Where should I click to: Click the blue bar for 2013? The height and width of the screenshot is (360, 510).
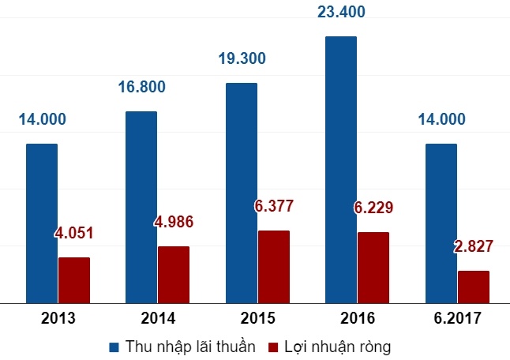pos(42,223)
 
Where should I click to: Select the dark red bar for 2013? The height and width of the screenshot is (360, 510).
pos(74,279)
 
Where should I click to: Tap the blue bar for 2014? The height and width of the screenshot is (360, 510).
pos(141,207)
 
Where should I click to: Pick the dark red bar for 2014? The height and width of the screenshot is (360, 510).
pos(174,274)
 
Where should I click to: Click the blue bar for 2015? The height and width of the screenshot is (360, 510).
pos(241,193)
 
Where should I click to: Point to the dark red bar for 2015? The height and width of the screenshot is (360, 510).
pos(273,266)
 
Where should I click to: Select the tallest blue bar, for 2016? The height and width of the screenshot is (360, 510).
pos(340,169)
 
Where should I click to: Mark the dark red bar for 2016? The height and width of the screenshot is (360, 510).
pos(373,267)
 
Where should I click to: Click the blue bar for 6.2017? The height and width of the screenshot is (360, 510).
pos(441,223)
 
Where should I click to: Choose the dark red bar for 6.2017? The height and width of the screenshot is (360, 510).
pos(474,287)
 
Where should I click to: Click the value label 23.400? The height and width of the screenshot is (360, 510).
pos(340,13)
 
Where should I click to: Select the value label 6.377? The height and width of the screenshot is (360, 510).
pos(274,207)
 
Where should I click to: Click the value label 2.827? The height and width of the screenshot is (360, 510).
pos(474,246)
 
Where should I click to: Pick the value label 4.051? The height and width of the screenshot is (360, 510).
pos(74,234)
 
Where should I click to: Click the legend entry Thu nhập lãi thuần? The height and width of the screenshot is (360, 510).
pos(182,346)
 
